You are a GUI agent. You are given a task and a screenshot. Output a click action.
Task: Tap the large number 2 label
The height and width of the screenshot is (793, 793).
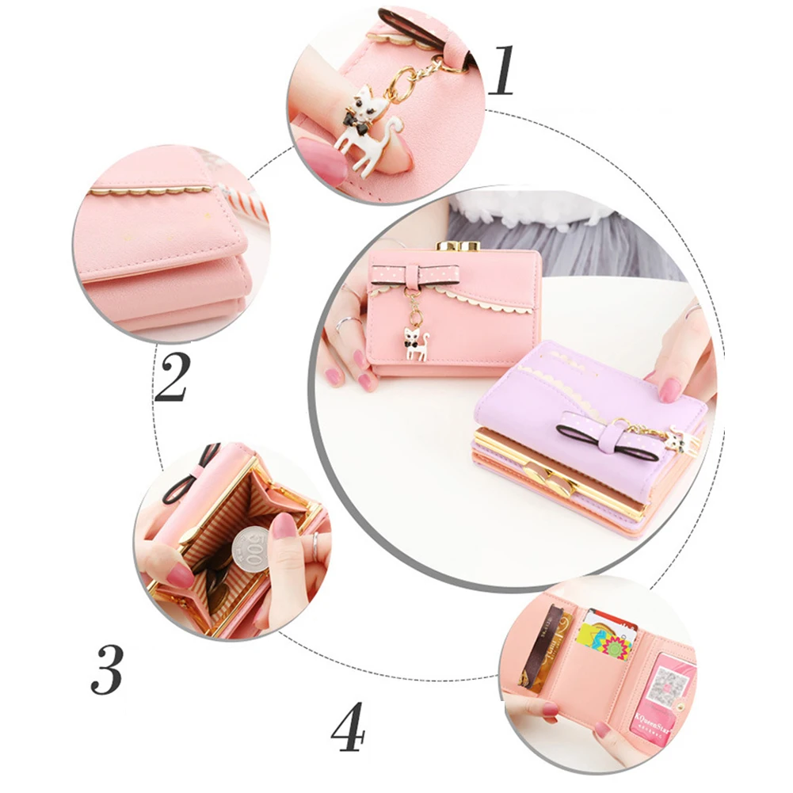[x=173, y=378]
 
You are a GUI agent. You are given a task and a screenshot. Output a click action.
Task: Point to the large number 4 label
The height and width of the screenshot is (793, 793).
[x=347, y=726]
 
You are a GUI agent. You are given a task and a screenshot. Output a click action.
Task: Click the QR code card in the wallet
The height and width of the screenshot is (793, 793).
[x=669, y=685]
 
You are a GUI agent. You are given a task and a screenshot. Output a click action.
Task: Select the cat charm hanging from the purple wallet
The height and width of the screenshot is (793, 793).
[x=675, y=440]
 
